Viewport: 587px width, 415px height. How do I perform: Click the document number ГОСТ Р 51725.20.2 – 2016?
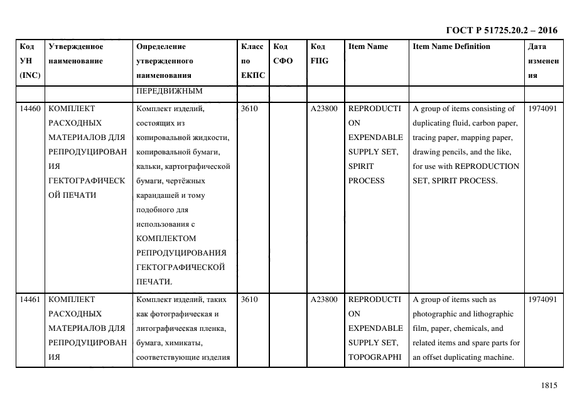point(501,30)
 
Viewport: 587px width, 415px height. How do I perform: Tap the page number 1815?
point(549,386)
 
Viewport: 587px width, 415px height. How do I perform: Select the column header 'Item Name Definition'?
point(451,46)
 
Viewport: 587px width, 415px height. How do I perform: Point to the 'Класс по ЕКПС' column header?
point(252,61)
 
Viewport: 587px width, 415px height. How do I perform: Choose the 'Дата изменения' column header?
point(543,61)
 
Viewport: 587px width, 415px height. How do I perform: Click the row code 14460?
point(30,109)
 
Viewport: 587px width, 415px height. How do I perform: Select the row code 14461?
point(30,299)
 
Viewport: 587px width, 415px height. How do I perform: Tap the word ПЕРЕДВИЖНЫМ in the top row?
point(160,91)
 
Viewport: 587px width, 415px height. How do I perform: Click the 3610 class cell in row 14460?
point(249,109)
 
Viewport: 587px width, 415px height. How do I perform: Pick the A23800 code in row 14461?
point(324,299)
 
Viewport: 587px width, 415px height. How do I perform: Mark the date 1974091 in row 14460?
point(543,109)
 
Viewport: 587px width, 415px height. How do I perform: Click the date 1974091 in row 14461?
point(543,299)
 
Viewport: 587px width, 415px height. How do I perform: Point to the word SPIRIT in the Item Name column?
point(360,166)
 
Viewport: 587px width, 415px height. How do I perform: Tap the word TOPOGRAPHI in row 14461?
point(375,357)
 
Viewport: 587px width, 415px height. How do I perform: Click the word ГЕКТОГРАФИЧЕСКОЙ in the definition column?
point(180,267)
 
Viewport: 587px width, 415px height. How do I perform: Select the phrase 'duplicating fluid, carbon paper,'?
point(465,123)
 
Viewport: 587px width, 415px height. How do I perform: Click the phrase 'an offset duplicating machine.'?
point(463,357)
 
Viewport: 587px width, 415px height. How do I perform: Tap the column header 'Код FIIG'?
point(319,53)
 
